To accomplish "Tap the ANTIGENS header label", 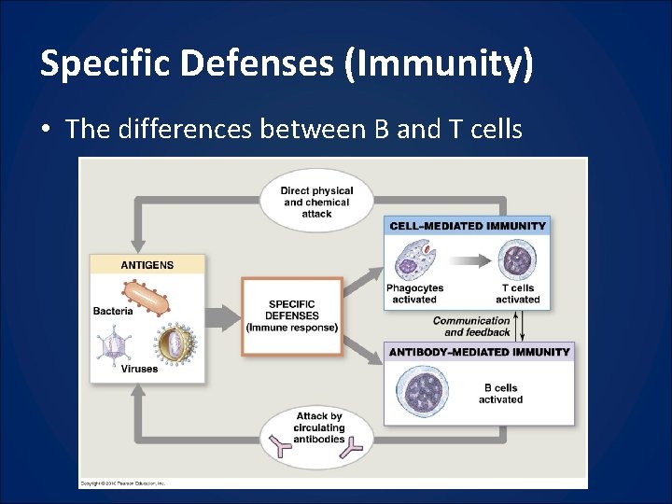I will coord(147,264).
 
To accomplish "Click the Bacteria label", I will coord(113,311).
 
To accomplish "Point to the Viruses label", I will coord(140,369).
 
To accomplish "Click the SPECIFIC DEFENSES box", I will coord(291,316).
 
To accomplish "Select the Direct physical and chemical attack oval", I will coord(316,202).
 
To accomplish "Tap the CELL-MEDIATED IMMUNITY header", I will coord(466,225).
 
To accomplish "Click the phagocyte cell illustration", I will coord(413,259).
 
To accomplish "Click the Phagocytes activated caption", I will coord(414,294).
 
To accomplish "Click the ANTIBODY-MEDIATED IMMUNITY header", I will coord(479,352).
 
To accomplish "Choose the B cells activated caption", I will coord(500,394).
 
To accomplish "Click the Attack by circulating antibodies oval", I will coord(318,433).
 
